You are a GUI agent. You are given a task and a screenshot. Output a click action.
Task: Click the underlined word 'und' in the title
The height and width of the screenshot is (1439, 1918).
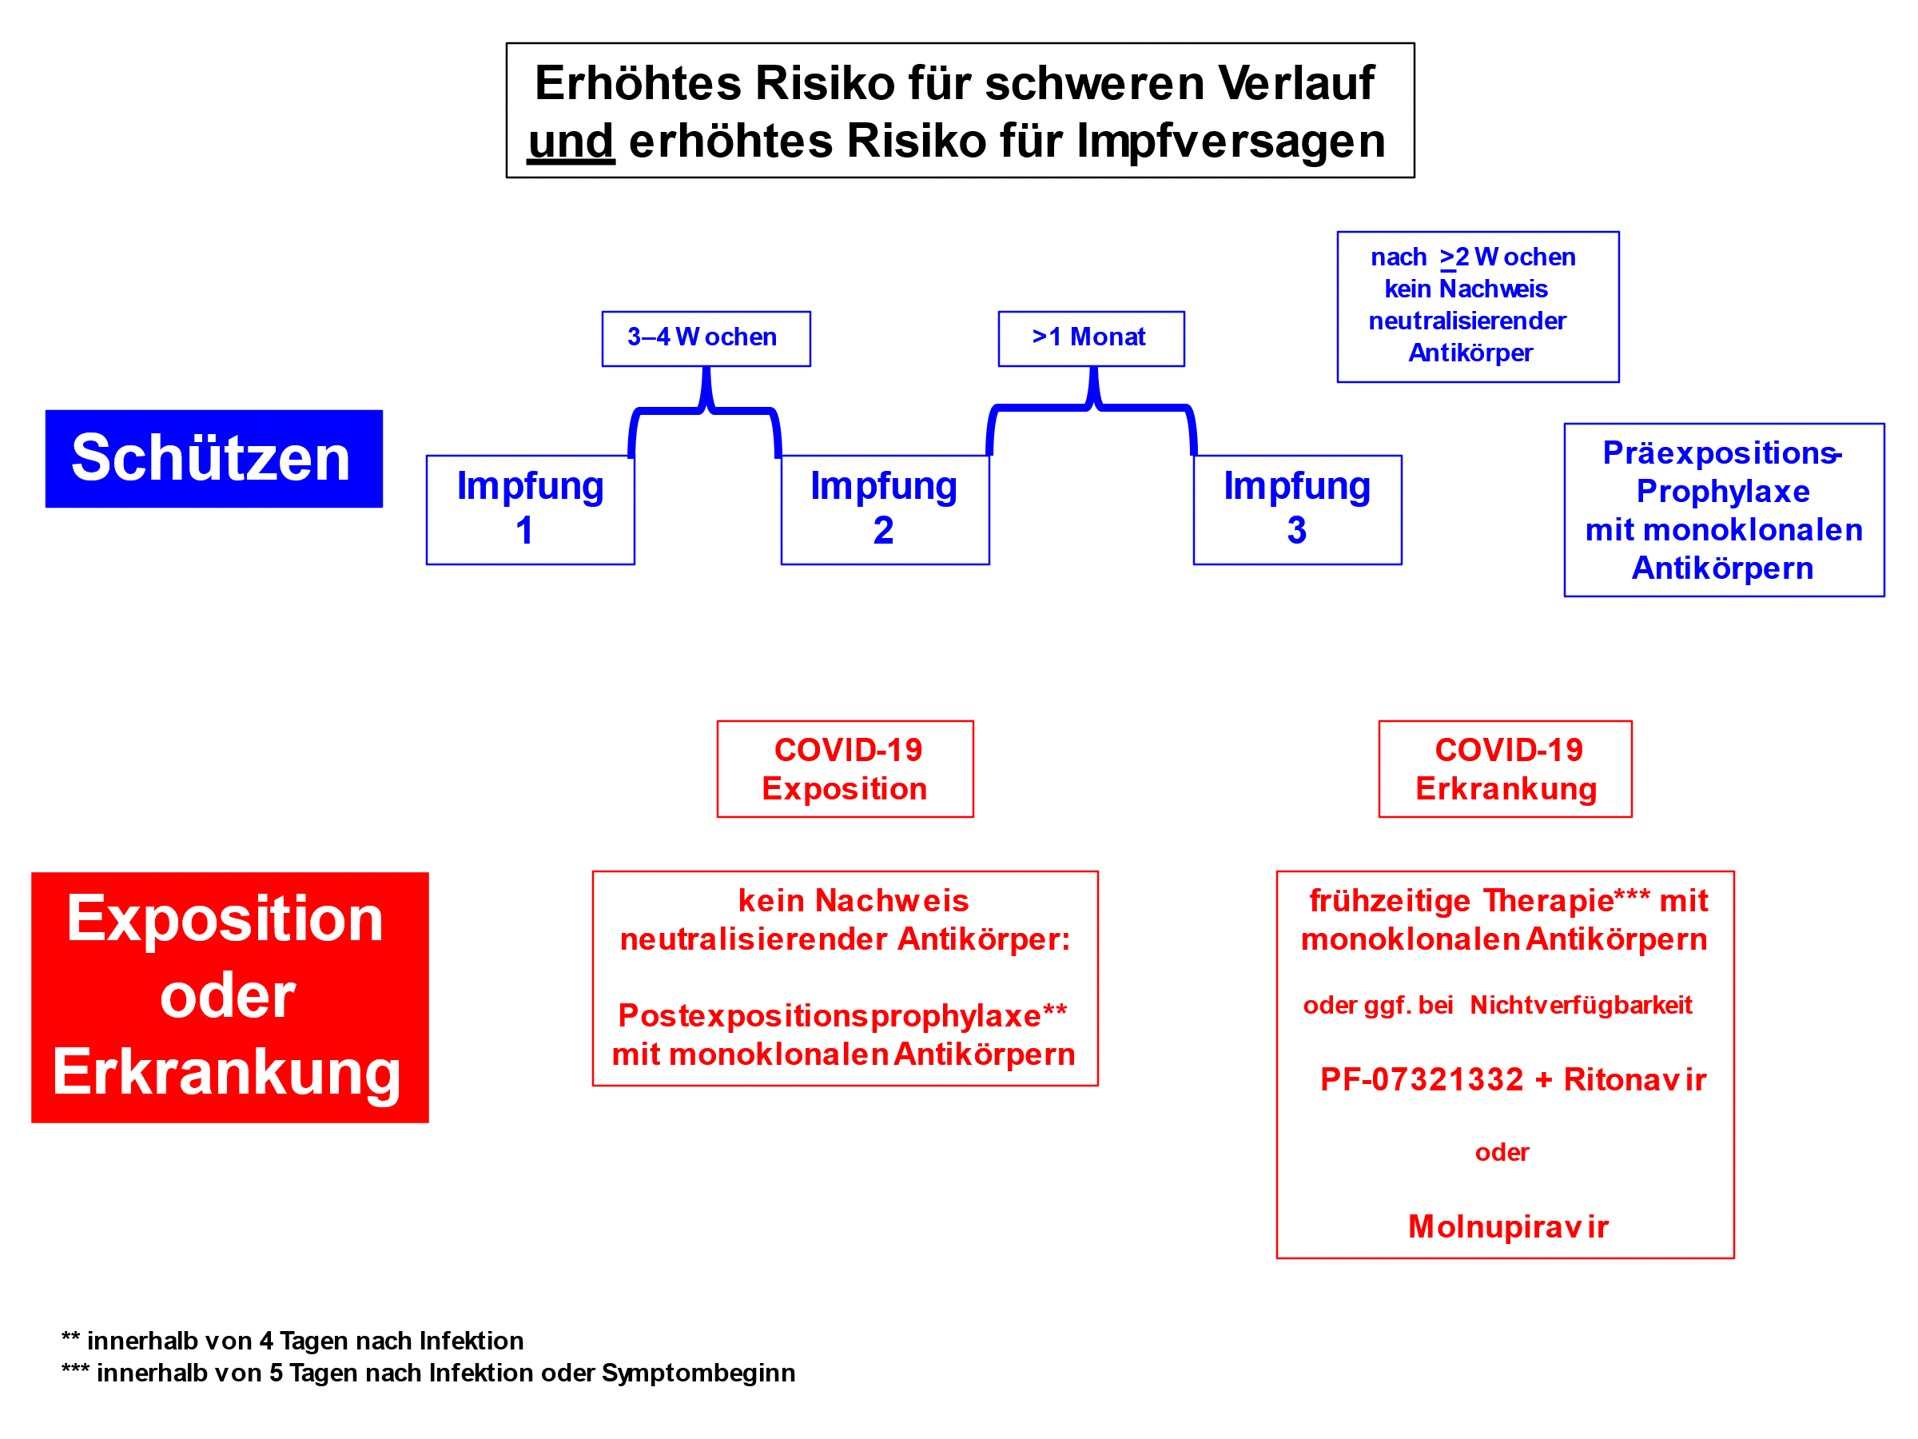[x=571, y=142]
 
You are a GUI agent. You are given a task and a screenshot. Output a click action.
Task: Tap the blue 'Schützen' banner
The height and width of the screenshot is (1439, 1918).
[x=214, y=459]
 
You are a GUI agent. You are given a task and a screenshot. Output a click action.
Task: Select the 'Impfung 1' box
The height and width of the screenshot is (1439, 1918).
[x=531, y=510]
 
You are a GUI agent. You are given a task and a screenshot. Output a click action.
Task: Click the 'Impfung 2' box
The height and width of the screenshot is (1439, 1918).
[x=885, y=510]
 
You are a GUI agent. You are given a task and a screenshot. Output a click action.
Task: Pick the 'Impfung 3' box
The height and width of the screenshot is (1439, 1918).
[x=1298, y=510]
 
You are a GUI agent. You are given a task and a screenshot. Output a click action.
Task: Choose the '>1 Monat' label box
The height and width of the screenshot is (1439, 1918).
[x=1092, y=339]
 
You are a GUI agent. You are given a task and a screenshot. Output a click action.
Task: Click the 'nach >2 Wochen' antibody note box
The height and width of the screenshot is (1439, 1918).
[x=1478, y=307]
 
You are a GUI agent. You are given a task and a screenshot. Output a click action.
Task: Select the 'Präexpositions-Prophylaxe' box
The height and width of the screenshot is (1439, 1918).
[x=1725, y=510]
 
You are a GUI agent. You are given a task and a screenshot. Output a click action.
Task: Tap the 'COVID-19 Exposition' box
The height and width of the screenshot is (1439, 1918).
[x=846, y=769]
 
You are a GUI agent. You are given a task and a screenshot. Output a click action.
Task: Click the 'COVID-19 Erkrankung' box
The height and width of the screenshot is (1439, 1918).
[x=1506, y=769]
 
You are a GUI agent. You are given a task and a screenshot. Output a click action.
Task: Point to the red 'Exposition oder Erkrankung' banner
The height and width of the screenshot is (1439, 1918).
[x=230, y=998]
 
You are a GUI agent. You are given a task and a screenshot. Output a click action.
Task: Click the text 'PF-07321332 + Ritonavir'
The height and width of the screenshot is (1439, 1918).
[x=1513, y=1080]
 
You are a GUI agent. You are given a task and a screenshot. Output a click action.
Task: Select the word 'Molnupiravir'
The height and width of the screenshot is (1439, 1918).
[x=1509, y=1226]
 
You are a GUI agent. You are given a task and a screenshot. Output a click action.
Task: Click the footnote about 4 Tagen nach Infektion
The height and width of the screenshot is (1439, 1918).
[x=292, y=1341]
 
